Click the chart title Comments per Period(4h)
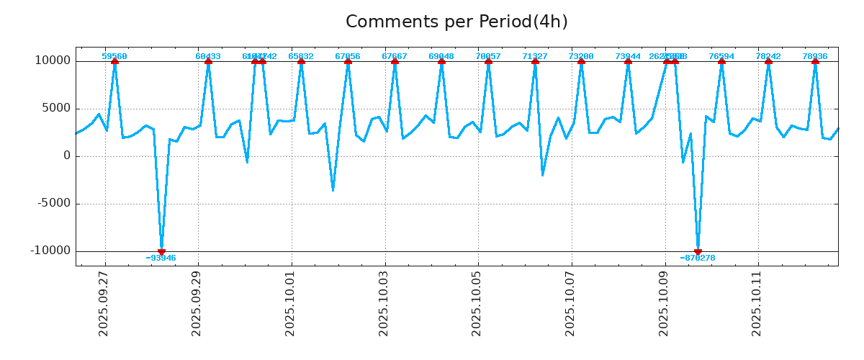[x=456, y=22]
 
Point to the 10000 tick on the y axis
[x=53, y=60]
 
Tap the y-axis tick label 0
[x=67, y=156]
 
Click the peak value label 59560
[x=114, y=56]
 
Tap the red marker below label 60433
[x=208, y=61]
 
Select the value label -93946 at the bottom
[x=161, y=258]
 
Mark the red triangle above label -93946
[x=161, y=251]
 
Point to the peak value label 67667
[x=395, y=56]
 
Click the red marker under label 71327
[x=535, y=61]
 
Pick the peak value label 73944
[x=628, y=56]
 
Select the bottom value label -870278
[x=698, y=258]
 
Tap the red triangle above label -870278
[x=698, y=251]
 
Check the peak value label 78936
[x=815, y=56]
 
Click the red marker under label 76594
[x=721, y=61]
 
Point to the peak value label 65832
[x=301, y=56]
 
